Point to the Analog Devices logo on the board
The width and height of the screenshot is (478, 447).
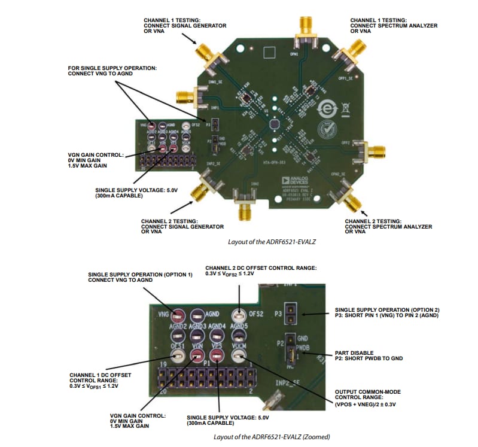point(293,181)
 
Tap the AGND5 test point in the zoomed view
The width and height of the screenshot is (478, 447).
point(238,336)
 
